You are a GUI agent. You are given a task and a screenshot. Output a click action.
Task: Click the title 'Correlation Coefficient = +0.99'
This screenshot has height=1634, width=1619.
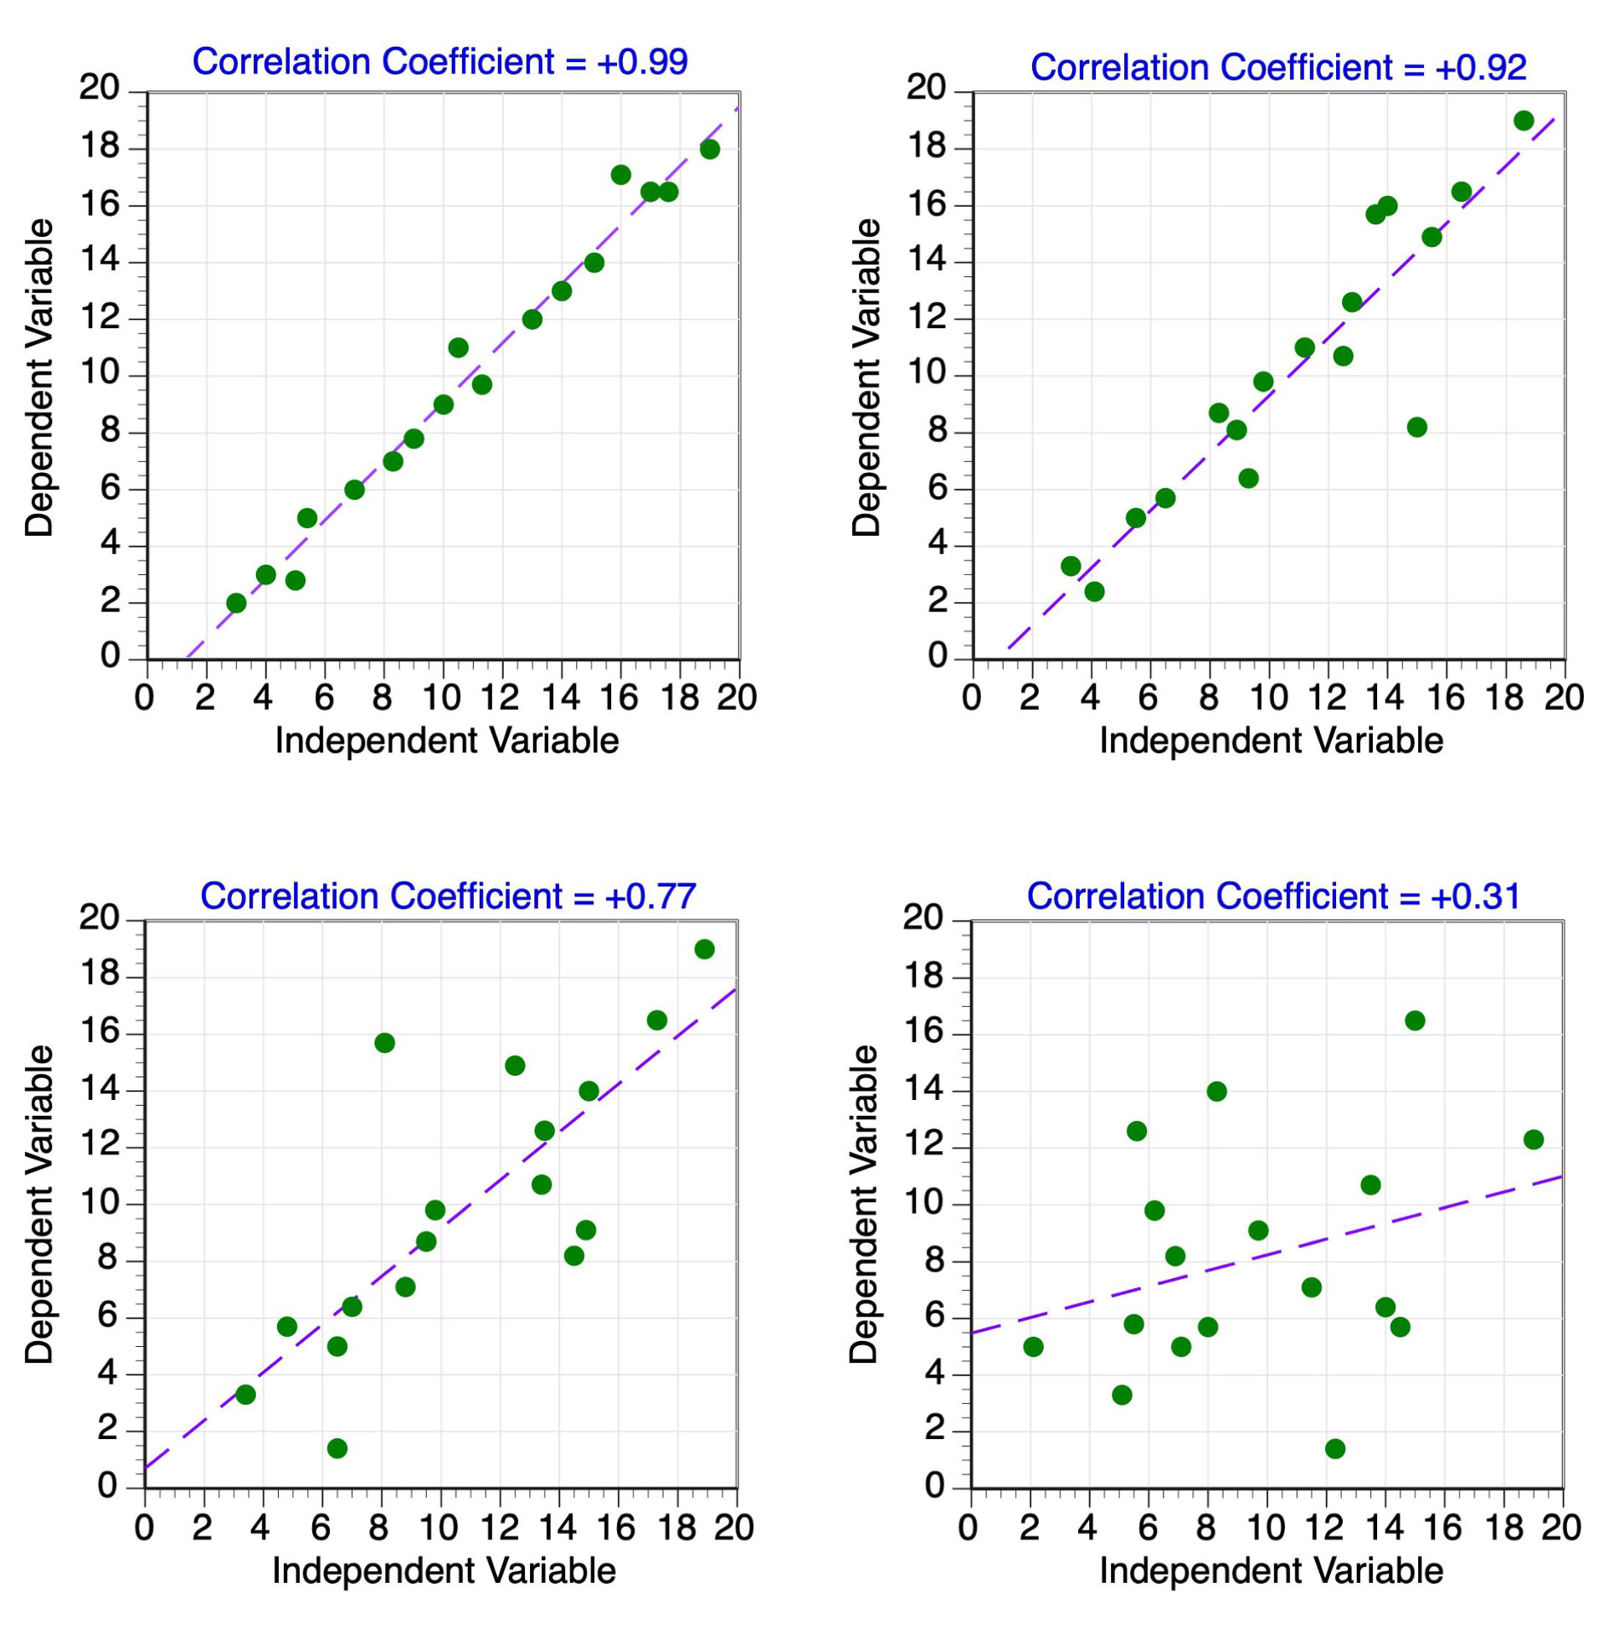click(439, 62)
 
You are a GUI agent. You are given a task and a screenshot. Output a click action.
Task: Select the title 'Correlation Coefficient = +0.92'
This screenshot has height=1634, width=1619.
click(1278, 68)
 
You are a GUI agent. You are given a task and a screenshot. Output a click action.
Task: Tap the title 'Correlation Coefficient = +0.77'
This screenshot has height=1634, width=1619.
click(449, 896)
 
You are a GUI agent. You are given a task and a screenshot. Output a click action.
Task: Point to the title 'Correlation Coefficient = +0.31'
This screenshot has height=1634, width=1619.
click(1274, 896)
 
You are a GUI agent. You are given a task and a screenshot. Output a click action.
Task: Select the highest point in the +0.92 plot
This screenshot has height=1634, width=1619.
click(1524, 120)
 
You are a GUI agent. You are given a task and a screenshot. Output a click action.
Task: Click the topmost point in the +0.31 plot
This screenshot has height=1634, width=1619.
click(1415, 1020)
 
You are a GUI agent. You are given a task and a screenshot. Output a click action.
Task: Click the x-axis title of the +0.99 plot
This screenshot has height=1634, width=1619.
click(447, 741)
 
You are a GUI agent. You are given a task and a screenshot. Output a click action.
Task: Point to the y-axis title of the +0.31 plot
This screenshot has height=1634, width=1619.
click(865, 1205)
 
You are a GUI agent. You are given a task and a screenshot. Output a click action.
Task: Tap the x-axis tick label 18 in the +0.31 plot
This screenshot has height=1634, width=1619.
click(1503, 1528)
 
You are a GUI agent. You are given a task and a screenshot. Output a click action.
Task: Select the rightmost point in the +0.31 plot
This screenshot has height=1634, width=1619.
click(1534, 1139)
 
